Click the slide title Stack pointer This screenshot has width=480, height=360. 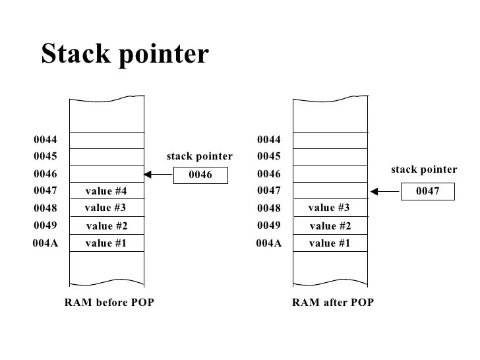(x=125, y=54)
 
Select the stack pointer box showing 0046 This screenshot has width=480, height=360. (x=200, y=175)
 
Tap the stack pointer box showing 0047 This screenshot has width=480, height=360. (x=427, y=192)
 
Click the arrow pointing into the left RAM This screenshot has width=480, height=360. (x=157, y=175)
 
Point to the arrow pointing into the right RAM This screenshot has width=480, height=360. (x=385, y=192)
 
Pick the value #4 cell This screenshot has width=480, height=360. (x=106, y=191)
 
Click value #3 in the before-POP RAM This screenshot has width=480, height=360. (x=105, y=208)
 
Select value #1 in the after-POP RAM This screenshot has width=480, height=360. (x=330, y=243)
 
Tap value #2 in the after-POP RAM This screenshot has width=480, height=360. (x=330, y=226)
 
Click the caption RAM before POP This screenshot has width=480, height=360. (x=109, y=303)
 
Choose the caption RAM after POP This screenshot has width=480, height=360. (x=333, y=303)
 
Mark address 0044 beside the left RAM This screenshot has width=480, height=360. (x=45, y=140)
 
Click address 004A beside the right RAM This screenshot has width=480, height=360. (x=269, y=243)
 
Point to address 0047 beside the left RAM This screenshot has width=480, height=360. (x=45, y=191)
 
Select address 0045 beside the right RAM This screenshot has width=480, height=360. (x=269, y=156)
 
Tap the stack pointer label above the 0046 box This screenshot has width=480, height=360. (x=199, y=156)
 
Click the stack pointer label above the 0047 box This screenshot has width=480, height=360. (x=424, y=169)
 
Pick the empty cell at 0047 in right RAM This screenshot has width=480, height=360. (x=330, y=191)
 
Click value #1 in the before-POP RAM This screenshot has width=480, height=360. (x=105, y=243)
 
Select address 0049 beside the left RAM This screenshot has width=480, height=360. (x=45, y=225)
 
